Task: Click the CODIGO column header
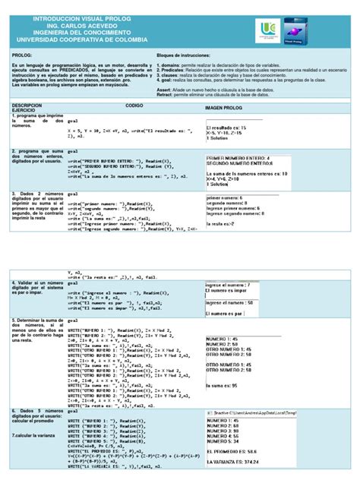click(x=134, y=104)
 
